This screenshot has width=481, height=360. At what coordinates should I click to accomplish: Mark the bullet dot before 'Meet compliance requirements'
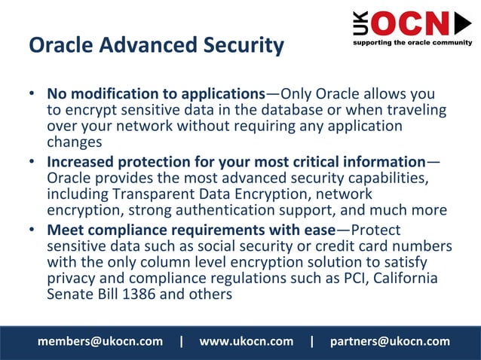click(x=32, y=230)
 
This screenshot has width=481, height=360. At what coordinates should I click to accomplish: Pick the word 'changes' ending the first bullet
click(x=74, y=141)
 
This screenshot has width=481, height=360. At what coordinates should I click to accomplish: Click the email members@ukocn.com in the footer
click(x=100, y=341)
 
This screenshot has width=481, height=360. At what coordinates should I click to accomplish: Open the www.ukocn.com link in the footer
click(x=246, y=341)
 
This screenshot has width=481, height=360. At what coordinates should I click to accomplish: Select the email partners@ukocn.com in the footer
click(x=390, y=341)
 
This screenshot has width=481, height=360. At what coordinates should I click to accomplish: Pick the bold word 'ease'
click(x=316, y=230)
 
